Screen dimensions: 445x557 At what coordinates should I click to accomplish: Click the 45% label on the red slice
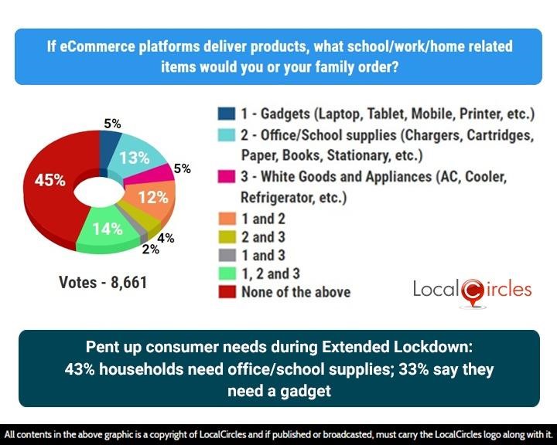[50, 180]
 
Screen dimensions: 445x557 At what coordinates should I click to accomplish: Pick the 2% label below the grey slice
[149, 249]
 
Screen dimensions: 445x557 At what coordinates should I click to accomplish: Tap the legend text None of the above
[296, 291]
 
